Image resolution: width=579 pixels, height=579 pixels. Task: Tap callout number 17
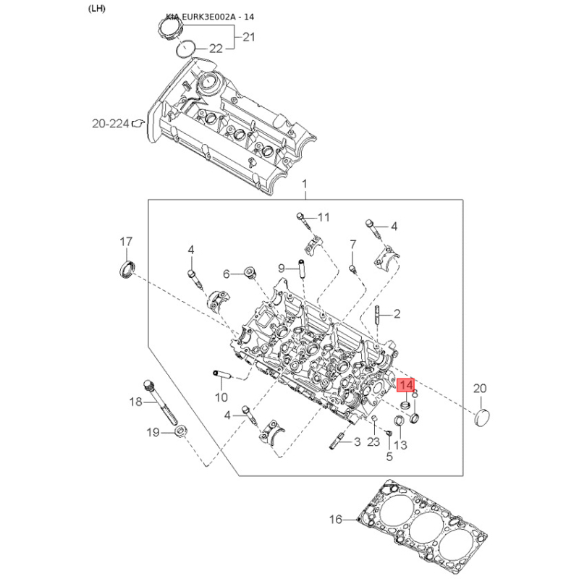pos(126,241)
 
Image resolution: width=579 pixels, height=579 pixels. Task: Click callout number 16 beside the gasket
pos(335,519)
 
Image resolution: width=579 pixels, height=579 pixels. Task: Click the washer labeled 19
pos(182,434)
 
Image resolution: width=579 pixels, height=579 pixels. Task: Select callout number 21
pos(249,36)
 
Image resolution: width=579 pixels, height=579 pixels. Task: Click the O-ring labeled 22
pos(186,48)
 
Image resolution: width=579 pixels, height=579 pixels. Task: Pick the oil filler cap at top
pos(169,30)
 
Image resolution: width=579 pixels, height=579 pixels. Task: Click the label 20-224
pos(110,124)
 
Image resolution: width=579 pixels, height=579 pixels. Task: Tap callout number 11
pos(323,216)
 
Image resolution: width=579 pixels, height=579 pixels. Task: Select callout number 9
pos(282,269)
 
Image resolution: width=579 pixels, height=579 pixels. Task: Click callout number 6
pos(226,274)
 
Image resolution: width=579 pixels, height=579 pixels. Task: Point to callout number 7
pos(353,244)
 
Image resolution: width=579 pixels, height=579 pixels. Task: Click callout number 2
pos(397,313)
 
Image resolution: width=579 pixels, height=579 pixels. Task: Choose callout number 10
pos(221,397)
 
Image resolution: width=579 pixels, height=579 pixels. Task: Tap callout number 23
pos(373,441)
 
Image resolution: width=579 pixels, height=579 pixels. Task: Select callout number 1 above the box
pos(305,185)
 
